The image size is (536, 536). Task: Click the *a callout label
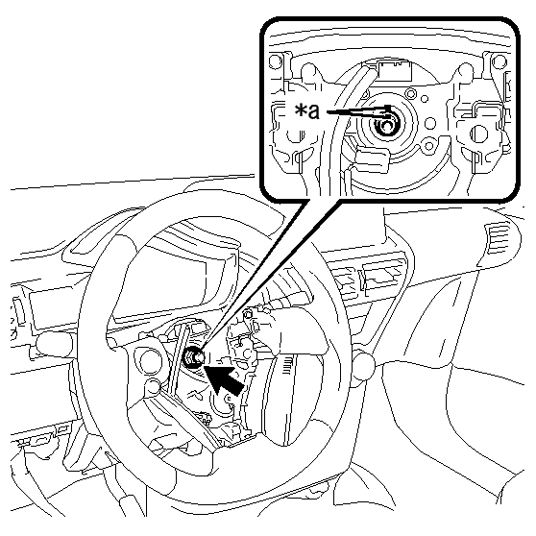coord(307,111)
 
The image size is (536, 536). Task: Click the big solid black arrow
coord(224,378)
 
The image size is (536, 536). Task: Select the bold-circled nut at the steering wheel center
coord(193,357)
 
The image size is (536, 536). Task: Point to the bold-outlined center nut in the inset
coord(386,126)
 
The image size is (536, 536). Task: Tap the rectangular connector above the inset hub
coord(395,70)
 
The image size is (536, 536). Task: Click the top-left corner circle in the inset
coord(275,61)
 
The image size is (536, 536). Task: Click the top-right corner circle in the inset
coord(499,61)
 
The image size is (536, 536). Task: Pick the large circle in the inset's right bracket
coord(479,134)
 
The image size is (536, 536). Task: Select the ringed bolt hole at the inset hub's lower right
coord(428,147)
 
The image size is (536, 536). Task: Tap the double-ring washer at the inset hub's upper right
coord(410,93)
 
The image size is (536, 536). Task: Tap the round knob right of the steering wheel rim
coord(363,367)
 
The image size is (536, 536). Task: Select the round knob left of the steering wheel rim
coord(54,345)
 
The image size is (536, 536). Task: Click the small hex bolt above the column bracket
coord(249,313)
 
